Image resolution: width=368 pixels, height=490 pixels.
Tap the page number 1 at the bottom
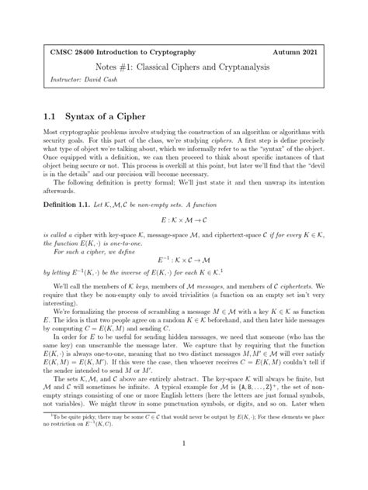click(x=184, y=464)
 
